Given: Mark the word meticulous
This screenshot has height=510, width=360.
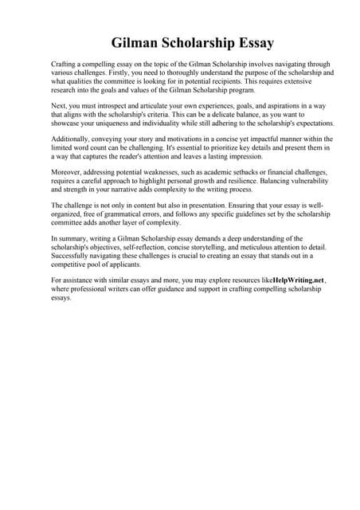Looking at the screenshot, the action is click(x=267, y=247).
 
